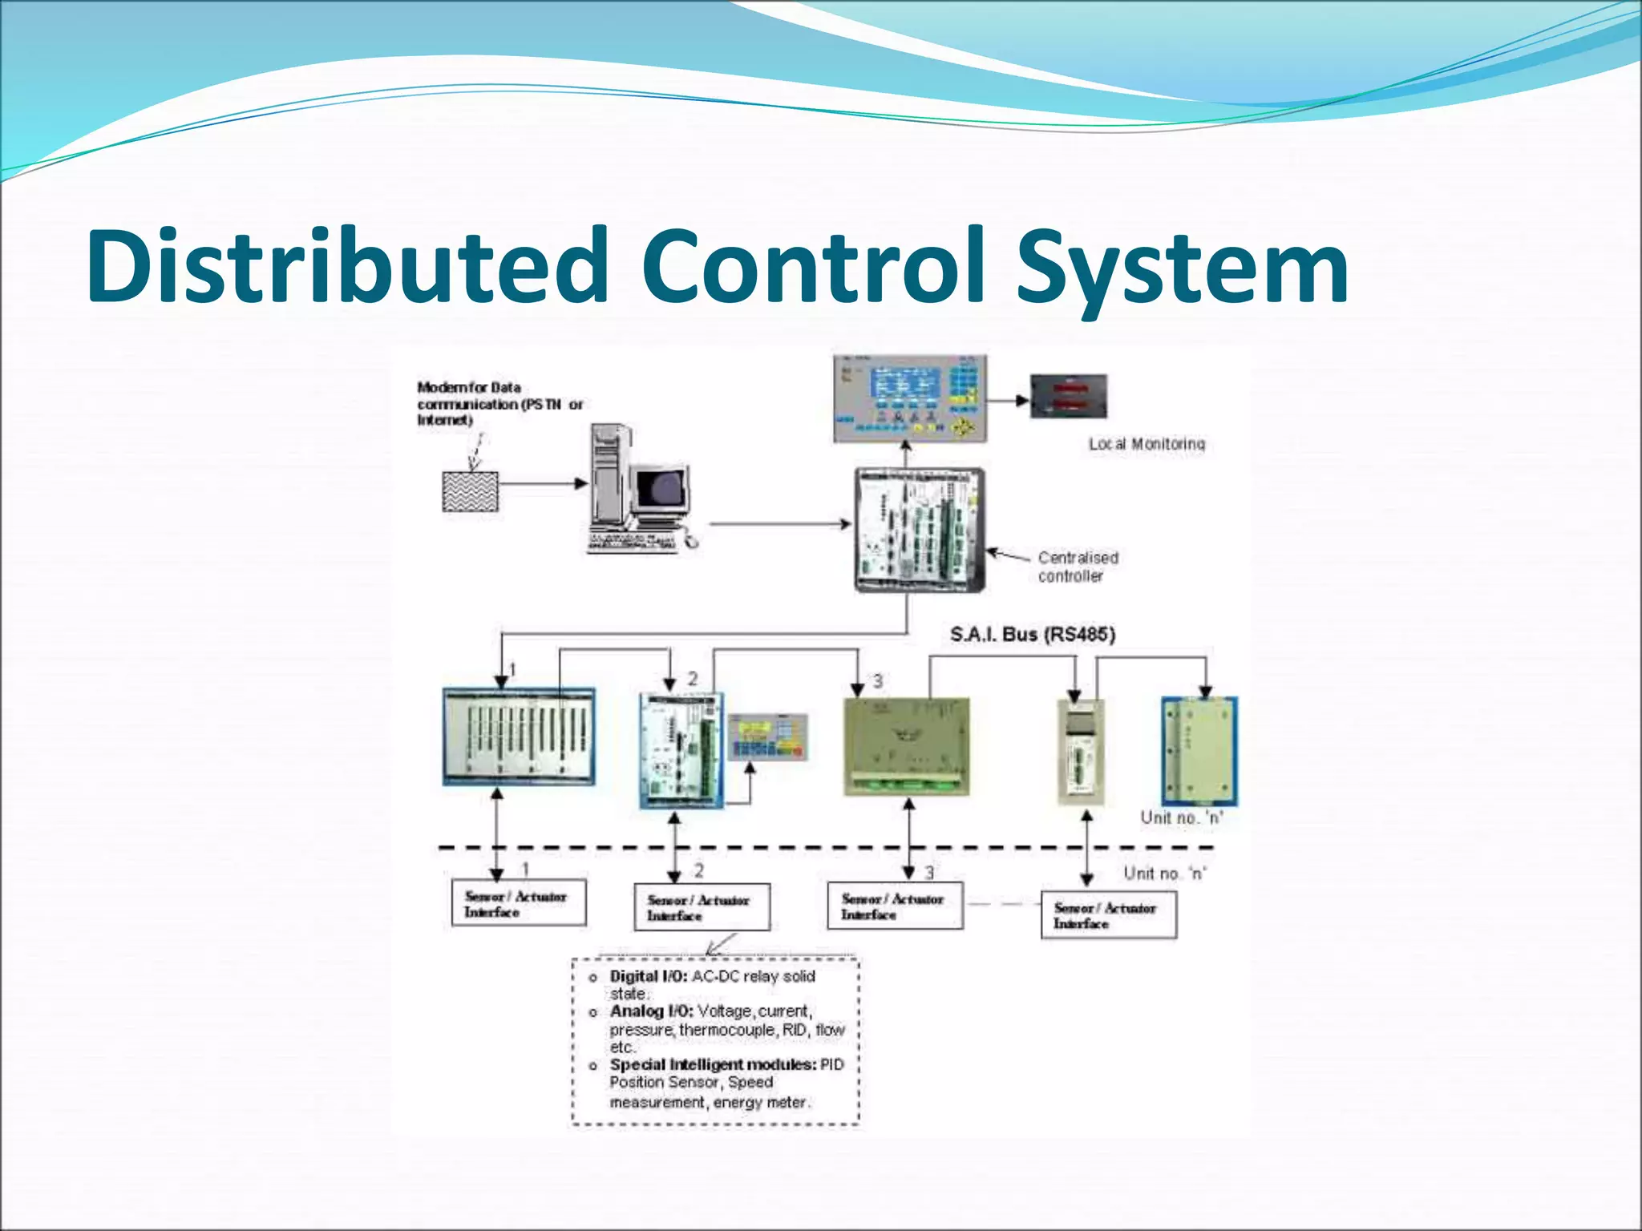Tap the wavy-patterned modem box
[x=471, y=491]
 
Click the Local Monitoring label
[x=1146, y=444]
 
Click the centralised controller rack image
[x=920, y=530]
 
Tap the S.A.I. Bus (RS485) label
[x=1032, y=635]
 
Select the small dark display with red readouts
[x=1068, y=396]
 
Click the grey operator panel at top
[x=910, y=398]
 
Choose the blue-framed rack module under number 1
[x=519, y=736]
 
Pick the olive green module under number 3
[x=907, y=746]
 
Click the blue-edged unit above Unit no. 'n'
[x=1199, y=751]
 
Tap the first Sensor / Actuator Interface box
[x=518, y=903]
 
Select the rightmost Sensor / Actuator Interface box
[x=1108, y=915]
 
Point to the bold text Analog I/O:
[x=651, y=1011]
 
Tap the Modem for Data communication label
[x=498, y=403]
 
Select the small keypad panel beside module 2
[x=767, y=737]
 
